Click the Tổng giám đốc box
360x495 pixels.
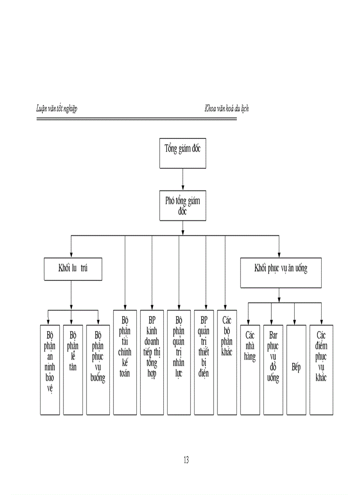[182, 153]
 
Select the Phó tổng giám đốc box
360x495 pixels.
[182, 205]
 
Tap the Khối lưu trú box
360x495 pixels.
[73, 269]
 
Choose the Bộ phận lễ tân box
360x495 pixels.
[73, 369]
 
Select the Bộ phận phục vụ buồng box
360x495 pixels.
[98, 369]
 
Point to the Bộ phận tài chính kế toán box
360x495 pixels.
[125, 362]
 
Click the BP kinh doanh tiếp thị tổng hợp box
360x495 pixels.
[152, 362]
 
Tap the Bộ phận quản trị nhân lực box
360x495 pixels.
[179, 362]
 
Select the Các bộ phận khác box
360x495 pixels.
[227, 362]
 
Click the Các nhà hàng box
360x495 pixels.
[249, 369]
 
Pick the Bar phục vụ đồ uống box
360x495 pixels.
[273, 369]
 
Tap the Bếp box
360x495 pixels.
[296, 369]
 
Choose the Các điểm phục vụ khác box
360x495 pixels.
[321, 369]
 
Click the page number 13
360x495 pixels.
[186, 460]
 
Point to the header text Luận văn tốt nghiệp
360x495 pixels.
[56, 108]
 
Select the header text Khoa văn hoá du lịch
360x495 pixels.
[226, 108]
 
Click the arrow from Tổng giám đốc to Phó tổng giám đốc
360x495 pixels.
[182, 179]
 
